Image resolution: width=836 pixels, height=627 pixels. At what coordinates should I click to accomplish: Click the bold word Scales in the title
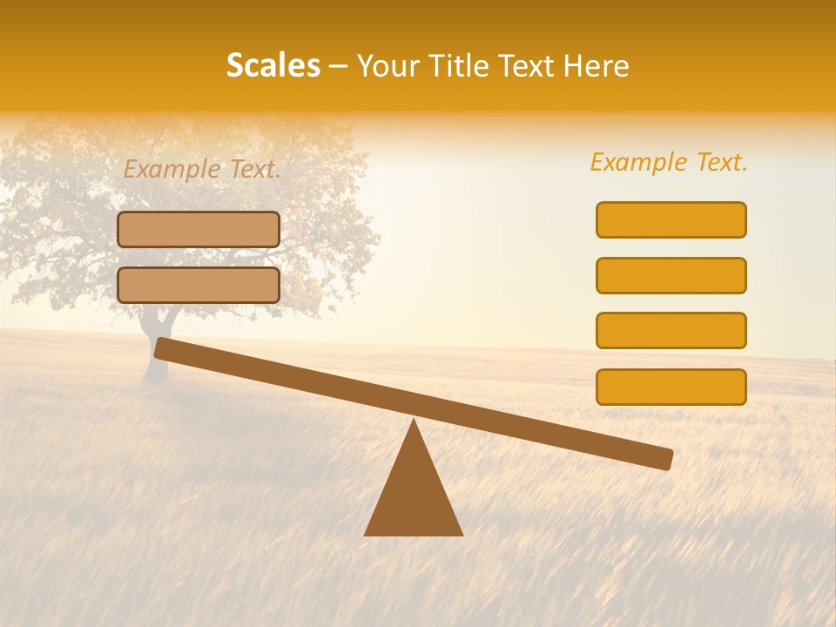(273, 65)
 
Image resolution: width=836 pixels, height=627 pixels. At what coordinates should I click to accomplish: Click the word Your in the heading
(387, 66)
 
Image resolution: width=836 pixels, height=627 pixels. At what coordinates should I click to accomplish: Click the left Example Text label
(202, 170)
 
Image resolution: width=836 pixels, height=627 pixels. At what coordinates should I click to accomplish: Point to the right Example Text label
(669, 162)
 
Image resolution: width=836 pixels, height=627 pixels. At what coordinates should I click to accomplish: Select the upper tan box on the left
(199, 229)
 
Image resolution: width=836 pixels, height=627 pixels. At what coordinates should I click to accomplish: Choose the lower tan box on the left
(199, 285)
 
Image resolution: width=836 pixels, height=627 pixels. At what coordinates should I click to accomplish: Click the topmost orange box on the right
(671, 219)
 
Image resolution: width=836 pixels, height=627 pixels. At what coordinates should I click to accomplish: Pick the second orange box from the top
(671, 275)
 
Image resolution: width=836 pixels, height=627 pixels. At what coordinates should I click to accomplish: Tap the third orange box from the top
(671, 331)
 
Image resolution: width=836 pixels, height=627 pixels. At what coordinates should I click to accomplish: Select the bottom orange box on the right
(671, 387)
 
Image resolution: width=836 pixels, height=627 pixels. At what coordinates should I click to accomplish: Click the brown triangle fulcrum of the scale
(414, 496)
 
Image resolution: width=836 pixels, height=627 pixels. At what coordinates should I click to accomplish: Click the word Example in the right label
(637, 162)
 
